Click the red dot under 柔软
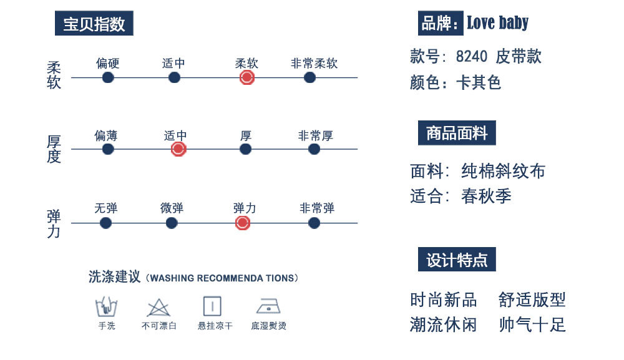coord(246,77)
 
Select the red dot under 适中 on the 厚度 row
coord(178,149)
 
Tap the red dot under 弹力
coord(243,223)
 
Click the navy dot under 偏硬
coord(108,77)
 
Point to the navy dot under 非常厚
coord(314,149)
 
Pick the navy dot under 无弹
coord(105,223)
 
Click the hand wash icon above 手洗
coord(106,307)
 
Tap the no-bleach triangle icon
coord(158,308)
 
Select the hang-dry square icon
coord(212,306)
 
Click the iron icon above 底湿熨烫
coord(268,306)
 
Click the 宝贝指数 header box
coord(94,24)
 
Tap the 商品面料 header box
coord(457,133)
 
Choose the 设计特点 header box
coord(457,260)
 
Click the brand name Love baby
coord(497,24)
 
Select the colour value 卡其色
coord(479,82)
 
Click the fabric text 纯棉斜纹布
coord(504,171)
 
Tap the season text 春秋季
coord(486,196)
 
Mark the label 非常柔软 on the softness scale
coord(314,63)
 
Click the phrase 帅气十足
coord(532,324)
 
